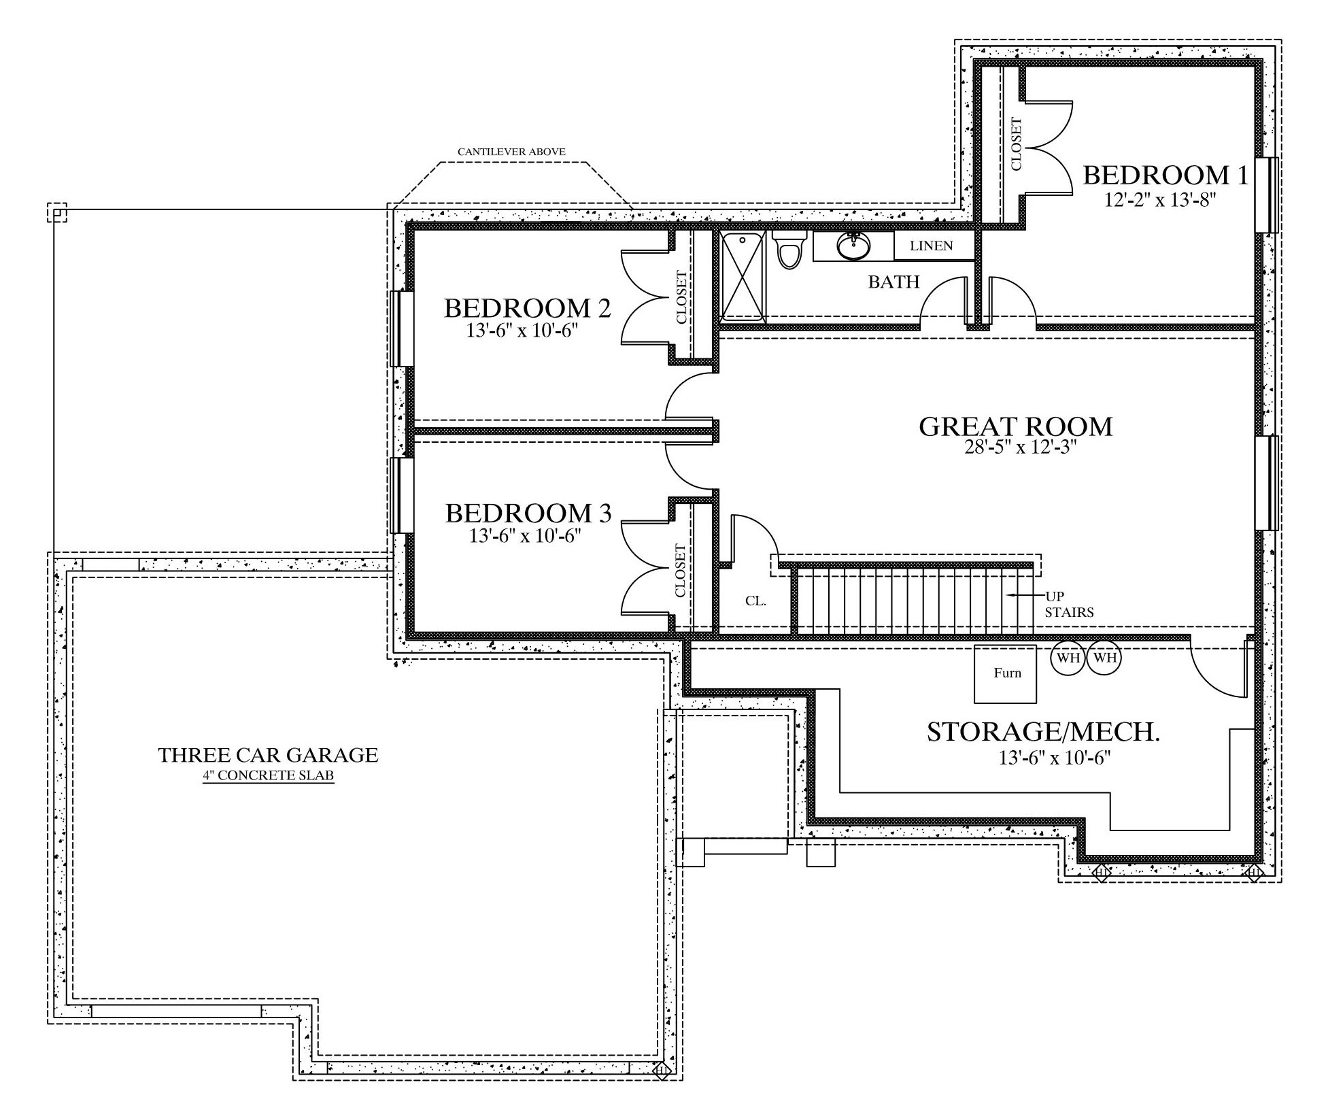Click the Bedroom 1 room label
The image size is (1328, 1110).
(x=1165, y=175)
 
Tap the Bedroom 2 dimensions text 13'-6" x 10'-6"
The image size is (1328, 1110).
(x=527, y=331)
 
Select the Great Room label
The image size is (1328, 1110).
(x=1016, y=426)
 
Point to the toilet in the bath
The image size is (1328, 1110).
(x=789, y=250)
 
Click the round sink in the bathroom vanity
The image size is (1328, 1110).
(x=853, y=246)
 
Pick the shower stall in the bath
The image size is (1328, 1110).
(x=743, y=275)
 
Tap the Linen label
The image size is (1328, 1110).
(x=932, y=246)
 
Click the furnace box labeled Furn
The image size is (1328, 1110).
(x=1006, y=674)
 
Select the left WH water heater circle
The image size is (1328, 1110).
(x=1068, y=658)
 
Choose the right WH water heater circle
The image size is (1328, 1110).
(x=1104, y=658)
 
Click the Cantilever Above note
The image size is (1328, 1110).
(x=511, y=152)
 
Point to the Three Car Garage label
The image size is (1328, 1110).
(x=268, y=755)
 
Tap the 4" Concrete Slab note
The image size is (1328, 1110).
(x=268, y=775)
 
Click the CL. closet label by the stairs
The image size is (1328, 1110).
(x=755, y=601)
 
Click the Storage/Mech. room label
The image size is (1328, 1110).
(x=1043, y=732)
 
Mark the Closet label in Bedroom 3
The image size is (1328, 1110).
(x=681, y=570)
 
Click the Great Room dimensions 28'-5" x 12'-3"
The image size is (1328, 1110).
(x=1016, y=448)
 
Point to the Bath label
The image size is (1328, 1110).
(x=893, y=282)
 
